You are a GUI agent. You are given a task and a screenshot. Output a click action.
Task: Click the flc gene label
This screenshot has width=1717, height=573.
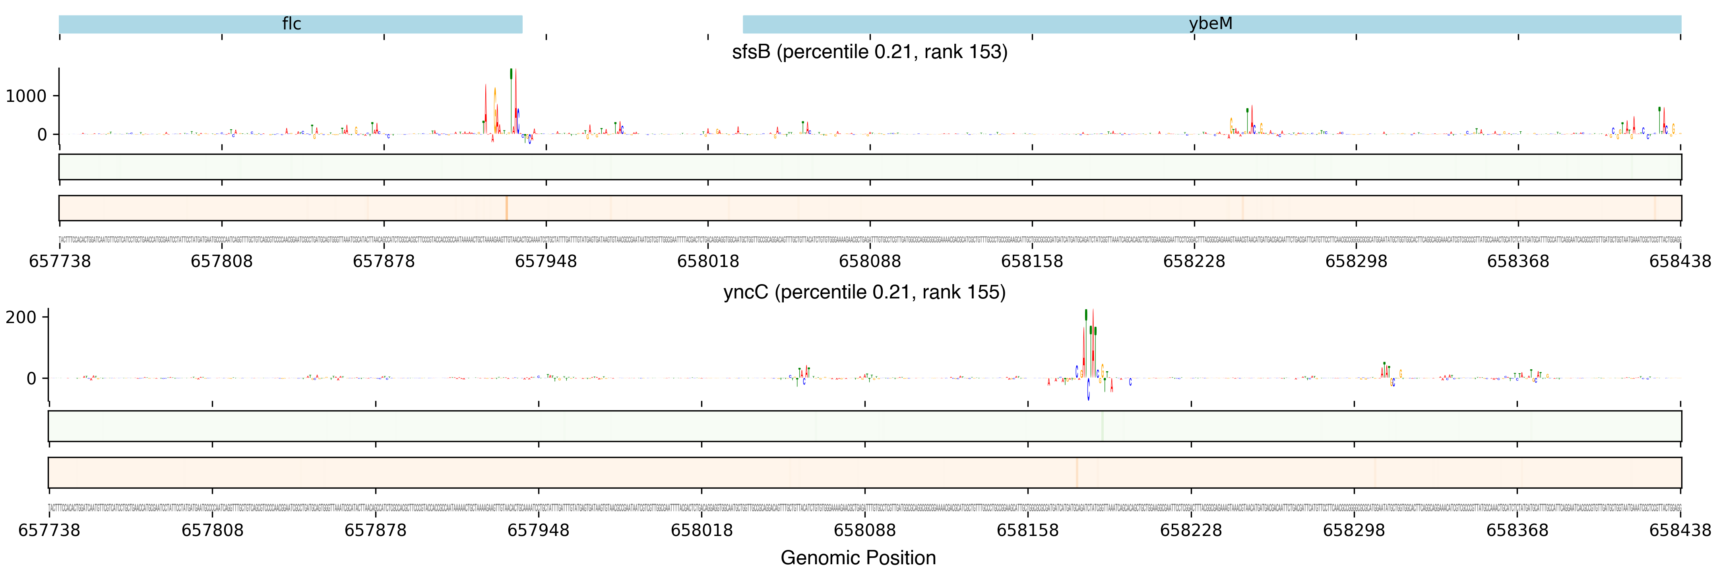[x=291, y=24]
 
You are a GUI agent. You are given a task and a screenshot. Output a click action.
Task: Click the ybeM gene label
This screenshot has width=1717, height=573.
[x=1210, y=24]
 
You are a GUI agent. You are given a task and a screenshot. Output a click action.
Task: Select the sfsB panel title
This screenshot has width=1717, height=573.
[x=869, y=52]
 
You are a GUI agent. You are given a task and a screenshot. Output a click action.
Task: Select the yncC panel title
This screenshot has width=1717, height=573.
[x=864, y=292]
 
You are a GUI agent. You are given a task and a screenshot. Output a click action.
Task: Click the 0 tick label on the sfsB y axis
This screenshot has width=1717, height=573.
[x=42, y=135]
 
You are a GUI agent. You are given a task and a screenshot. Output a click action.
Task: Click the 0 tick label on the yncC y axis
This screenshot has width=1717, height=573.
[x=31, y=379]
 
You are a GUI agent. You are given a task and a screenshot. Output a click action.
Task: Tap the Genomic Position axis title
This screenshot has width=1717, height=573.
[x=858, y=557]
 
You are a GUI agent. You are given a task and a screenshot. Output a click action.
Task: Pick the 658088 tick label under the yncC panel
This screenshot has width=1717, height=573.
[x=864, y=530]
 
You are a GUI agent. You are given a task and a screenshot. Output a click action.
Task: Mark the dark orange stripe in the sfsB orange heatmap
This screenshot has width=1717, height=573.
[x=507, y=208]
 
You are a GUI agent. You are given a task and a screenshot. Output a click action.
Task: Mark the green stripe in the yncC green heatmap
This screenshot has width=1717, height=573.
[x=1103, y=426]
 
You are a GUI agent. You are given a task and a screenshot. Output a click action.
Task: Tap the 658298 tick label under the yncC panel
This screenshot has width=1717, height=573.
[x=1354, y=530]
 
